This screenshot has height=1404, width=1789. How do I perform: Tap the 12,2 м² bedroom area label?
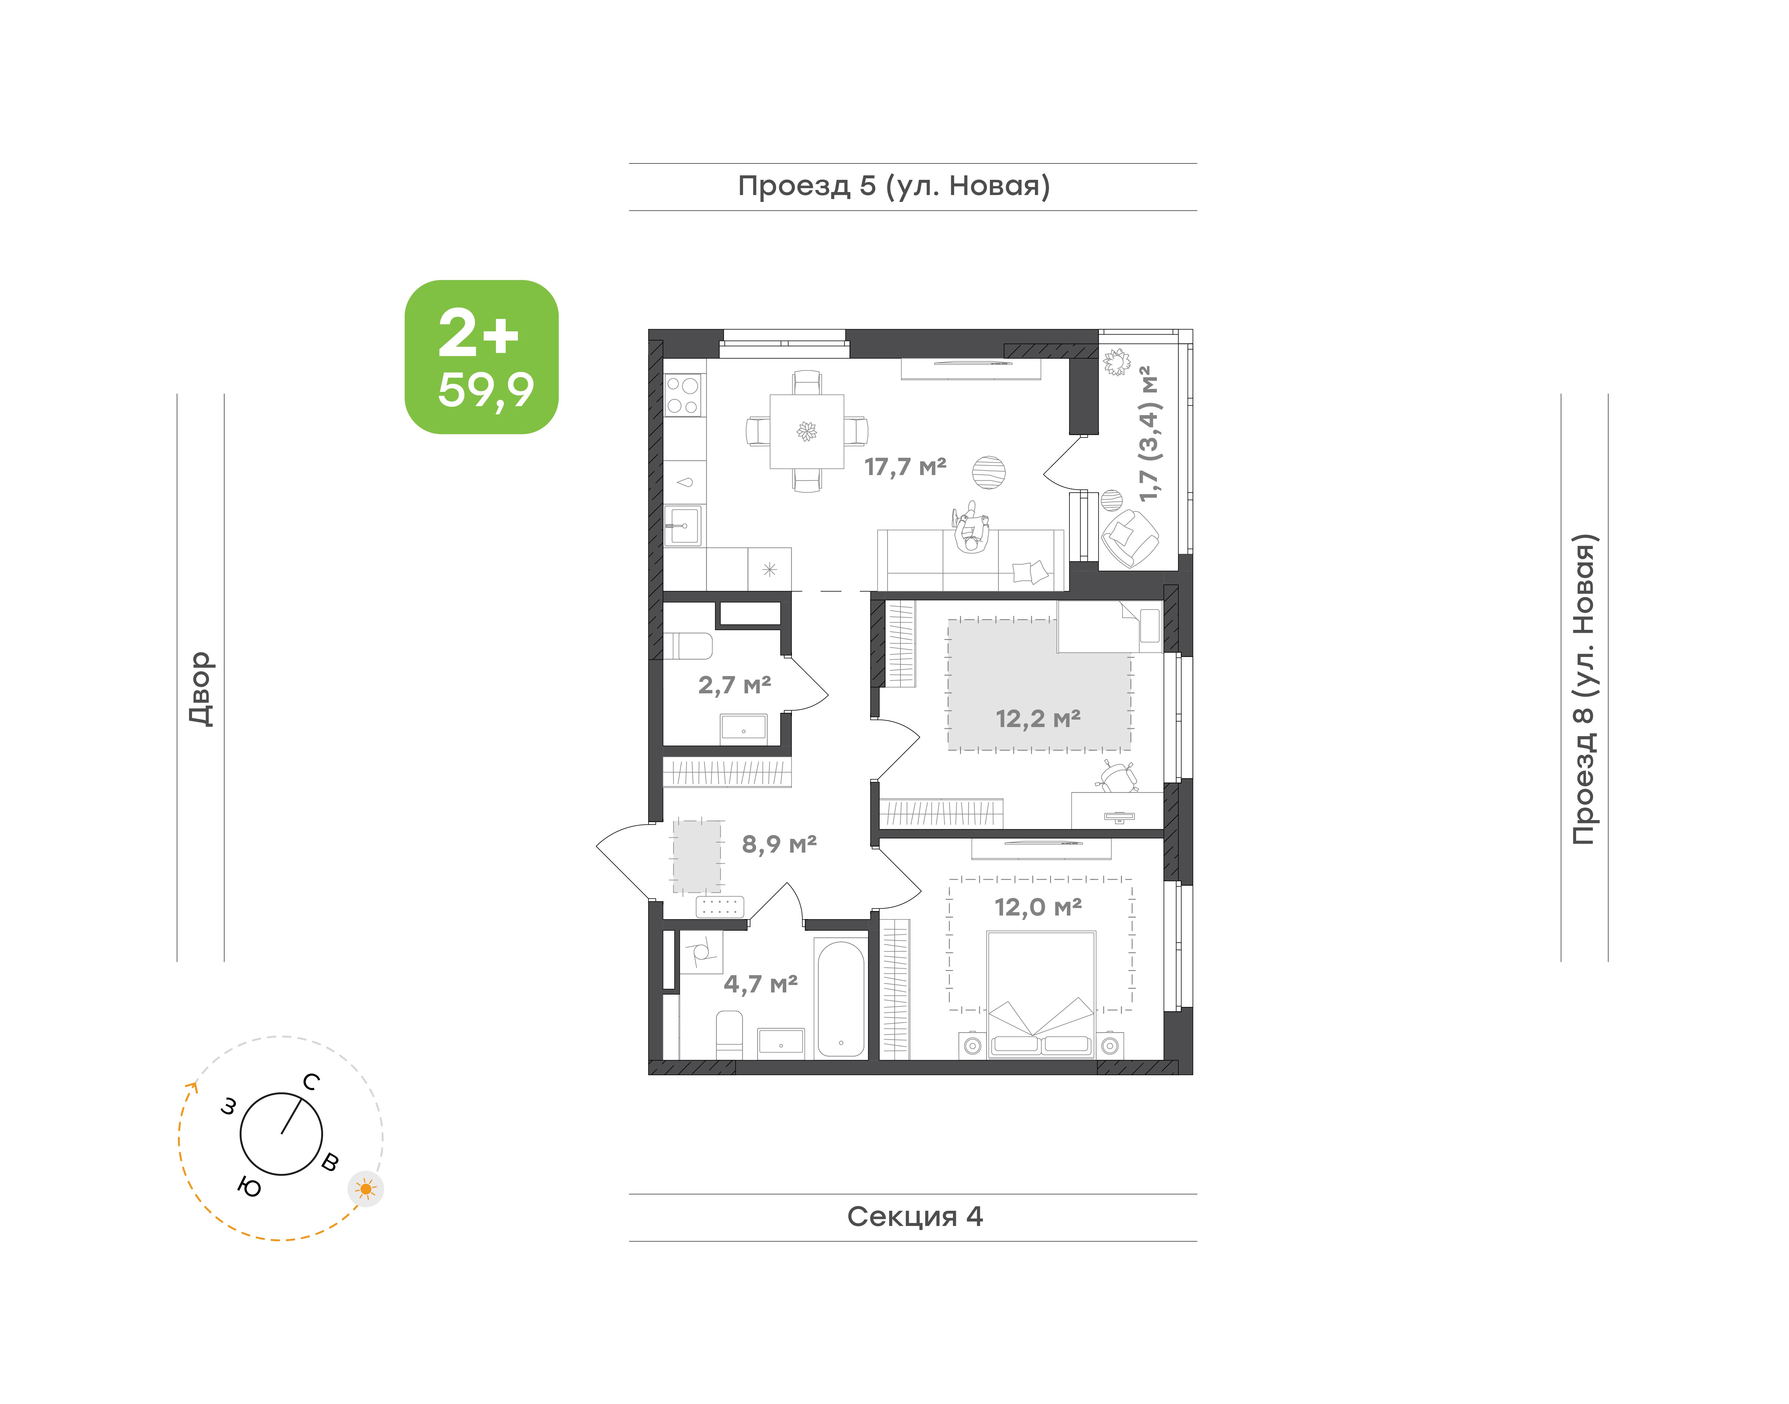pos(1038,718)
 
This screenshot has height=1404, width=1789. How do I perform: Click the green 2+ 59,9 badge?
pos(482,357)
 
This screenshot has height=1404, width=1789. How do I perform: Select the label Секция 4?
pos(915,1217)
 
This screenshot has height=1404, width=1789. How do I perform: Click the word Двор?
pos(200,689)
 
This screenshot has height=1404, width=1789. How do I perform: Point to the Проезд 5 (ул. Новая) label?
pos(894,186)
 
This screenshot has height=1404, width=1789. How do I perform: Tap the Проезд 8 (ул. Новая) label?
pos(1584,689)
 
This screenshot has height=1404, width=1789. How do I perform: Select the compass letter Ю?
pos(249,1186)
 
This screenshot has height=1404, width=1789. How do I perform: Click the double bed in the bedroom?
pos(1041,995)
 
